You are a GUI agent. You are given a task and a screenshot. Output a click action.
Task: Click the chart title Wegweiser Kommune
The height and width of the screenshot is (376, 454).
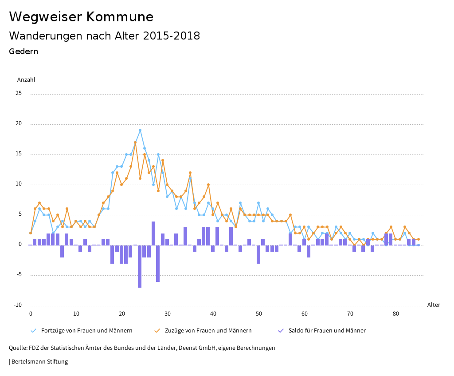click(81, 17)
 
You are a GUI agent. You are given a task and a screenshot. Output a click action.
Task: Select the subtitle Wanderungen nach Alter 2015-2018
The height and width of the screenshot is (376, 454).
click(104, 36)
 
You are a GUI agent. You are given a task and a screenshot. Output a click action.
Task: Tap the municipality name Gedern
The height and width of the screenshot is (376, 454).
click(23, 51)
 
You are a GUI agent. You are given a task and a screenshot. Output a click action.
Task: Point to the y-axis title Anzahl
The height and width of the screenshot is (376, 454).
click(26, 80)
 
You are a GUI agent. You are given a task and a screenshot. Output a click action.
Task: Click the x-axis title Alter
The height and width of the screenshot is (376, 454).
click(434, 305)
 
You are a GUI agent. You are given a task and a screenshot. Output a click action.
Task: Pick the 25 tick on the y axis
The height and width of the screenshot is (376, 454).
click(18, 94)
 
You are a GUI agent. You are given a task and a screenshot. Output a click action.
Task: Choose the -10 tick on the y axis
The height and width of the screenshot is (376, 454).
click(17, 305)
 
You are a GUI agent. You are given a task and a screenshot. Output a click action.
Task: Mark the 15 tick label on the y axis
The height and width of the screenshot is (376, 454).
click(18, 154)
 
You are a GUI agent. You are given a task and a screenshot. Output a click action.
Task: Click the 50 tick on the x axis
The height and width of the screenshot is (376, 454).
click(258, 314)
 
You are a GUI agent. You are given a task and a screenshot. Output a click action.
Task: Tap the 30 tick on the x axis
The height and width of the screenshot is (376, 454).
click(167, 314)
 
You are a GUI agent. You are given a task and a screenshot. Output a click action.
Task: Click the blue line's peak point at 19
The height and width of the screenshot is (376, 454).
click(140, 130)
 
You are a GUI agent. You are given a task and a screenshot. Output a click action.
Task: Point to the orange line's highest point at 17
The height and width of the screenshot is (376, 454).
click(135, 142)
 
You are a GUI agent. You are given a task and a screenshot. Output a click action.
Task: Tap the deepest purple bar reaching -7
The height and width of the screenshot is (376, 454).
click(140, 266)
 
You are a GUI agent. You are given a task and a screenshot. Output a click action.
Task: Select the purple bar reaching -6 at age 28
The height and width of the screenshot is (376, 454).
click(158, 263)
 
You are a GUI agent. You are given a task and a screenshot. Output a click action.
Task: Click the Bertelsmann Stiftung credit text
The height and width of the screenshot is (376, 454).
click(39, 362)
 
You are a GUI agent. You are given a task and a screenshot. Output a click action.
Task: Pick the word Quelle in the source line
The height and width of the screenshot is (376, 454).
click(18, 348)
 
